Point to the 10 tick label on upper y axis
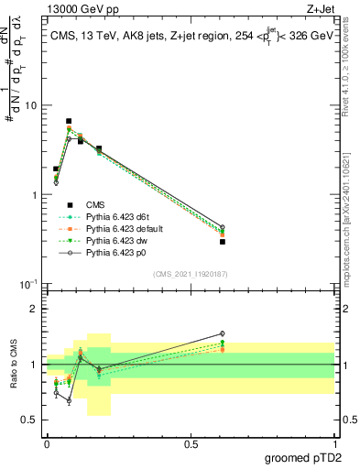click(x=30, y=105)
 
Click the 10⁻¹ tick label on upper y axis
click(x=27, y=285)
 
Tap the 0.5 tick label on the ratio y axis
click(x=28, y=420)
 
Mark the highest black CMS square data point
click(x=69, y=121)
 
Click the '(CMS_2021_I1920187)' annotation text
click(x=191, y=273)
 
